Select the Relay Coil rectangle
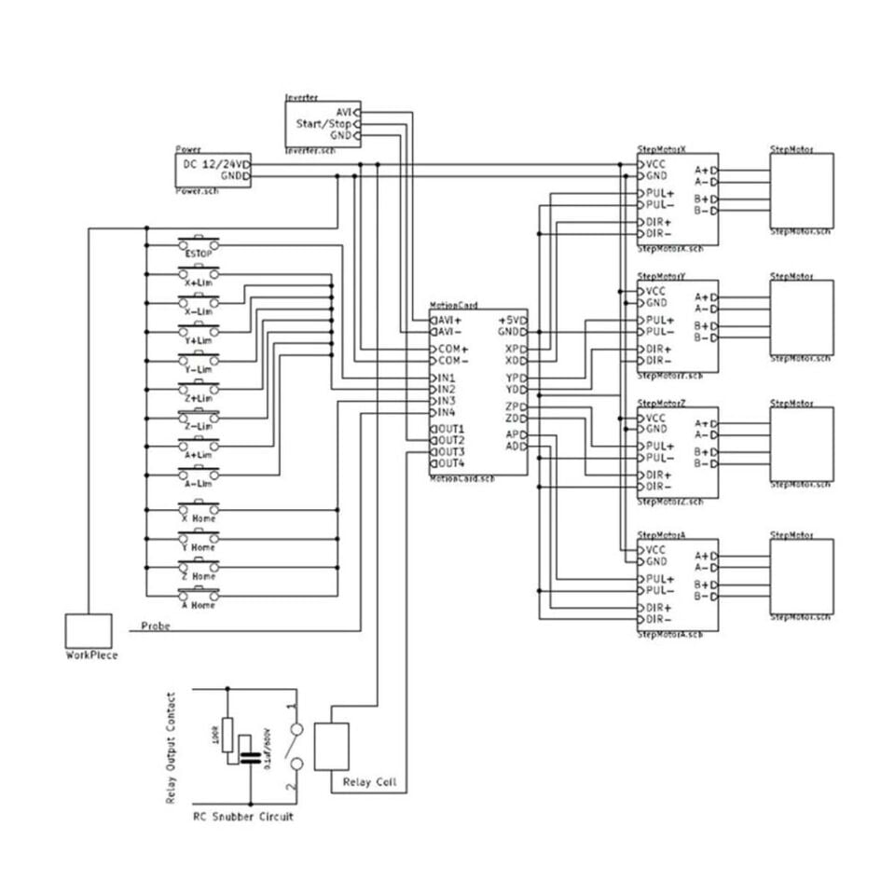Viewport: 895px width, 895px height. click(331, 746)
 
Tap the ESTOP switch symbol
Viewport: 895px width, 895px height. click(200, 245)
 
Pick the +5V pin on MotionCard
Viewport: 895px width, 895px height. click(513, 320)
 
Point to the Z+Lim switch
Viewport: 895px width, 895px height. click(200, 389)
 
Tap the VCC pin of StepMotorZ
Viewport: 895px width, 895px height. click(655, 418)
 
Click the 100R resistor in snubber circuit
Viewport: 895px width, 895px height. click(227, 740)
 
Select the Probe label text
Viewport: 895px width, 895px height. click(155, 626)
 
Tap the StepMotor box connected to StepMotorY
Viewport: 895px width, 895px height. click(801, 317)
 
